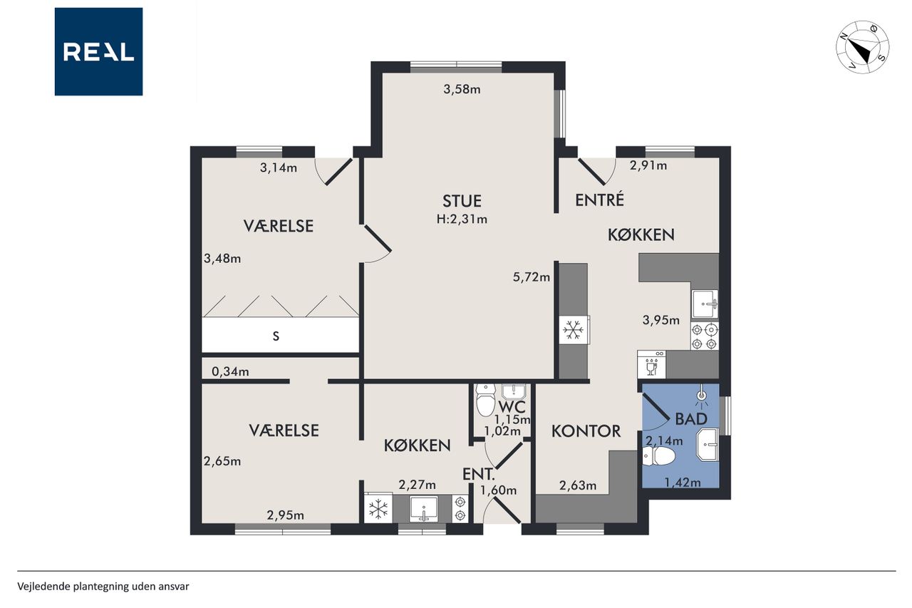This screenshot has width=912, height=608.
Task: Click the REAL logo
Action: (x=98, y=52)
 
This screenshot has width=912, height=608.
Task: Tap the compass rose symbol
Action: (x=862, y=47)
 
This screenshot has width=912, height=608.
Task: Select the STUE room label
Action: (x=462, y=201)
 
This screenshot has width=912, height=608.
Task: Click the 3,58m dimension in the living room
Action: (x=462, y=89)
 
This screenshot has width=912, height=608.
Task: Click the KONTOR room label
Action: (x=586, y=431)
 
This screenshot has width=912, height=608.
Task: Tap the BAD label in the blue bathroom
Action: (x=691, y=418)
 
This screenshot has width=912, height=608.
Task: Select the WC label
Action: (x=512, y=406)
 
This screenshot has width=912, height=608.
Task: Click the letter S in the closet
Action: (x=276, y=336)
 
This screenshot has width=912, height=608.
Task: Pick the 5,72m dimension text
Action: (x=532, y=277)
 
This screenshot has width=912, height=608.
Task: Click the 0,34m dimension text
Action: (x=230, y=371)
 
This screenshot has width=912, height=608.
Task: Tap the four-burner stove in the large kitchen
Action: (x=705, y=336)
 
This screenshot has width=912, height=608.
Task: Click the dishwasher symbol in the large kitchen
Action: (x=651, y=364)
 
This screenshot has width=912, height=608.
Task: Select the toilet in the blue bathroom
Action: (x=658, y=456)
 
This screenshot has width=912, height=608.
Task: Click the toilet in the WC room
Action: (x=486, y=399)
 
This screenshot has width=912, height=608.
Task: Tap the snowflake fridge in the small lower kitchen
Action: (x=378, y=508)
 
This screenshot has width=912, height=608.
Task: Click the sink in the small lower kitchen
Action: (x=424, y=509)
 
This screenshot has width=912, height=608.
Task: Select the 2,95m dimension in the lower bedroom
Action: (x=286, y=515)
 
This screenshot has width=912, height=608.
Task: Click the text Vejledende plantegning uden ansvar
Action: (x=103, y=587)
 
